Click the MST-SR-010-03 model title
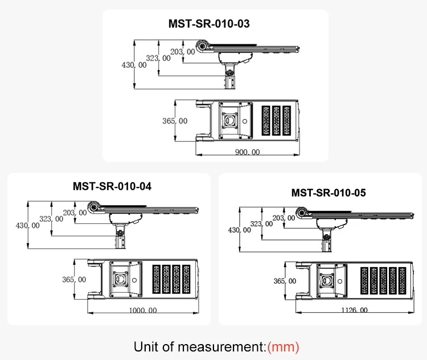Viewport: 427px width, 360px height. pos(209,24)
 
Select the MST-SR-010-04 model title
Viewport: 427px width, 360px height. pos(112,186)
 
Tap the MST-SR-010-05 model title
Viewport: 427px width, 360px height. pos(328,193)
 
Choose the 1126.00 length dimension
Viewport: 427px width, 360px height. pos(354,310)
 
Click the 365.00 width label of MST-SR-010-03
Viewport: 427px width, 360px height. pos(175,121)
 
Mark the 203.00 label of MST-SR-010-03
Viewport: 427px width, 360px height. pos(183,52)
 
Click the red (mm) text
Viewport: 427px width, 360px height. pos(283,346)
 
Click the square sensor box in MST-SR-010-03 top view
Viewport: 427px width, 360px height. pos(230,121)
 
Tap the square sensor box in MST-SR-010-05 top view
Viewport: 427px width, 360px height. pos(327,281)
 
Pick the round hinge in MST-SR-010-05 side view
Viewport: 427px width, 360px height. pos(301,213)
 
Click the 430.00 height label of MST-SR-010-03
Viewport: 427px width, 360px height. pos(134,65)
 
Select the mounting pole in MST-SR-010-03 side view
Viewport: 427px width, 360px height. pos(230,76)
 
